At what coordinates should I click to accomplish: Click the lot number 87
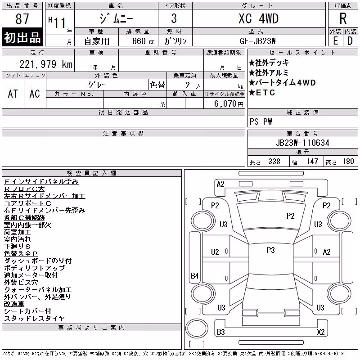pos(22,18)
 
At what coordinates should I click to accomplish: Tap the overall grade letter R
pos(343,18)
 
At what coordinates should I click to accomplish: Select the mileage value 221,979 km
pos(46,64)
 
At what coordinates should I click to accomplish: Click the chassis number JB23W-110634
pos(302,143)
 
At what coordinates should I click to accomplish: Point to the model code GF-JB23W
pos(257,41)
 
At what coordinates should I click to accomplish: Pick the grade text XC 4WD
pos(258,18)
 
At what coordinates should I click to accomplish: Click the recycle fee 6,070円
pos(229,104)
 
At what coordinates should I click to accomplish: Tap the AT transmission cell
pos(13,94)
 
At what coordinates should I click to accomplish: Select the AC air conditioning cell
pos(35,94)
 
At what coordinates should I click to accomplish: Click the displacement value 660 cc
pos(144,41)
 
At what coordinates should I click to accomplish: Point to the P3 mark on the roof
pos(271,250)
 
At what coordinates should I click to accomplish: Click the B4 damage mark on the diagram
pos(195,275)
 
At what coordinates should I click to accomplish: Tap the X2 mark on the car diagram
pos(321,332)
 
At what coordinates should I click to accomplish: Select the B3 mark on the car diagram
pos(221,332)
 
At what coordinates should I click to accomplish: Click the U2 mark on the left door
pos(215,252)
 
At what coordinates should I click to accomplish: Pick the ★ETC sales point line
pos(262,93)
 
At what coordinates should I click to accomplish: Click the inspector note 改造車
pos(14,304)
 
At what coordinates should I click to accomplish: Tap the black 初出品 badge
pos(22,37)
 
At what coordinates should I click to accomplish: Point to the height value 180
pos(348,162)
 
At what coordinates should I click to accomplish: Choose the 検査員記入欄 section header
pos(91,173)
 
